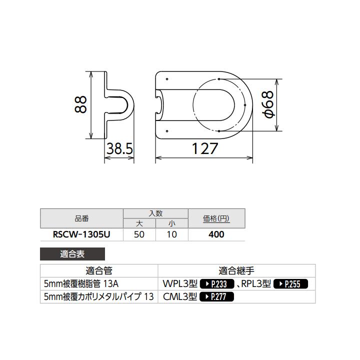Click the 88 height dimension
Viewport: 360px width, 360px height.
82,105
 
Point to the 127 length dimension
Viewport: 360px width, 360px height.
205,148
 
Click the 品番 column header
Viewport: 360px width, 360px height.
81,218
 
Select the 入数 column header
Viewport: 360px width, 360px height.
155,213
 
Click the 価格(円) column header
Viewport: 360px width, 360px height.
216,218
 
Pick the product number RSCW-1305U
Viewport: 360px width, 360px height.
81,234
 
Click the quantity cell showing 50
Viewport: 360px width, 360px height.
139,234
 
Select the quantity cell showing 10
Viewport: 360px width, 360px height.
171,234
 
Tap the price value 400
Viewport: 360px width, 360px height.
216,234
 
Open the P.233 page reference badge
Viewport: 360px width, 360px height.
217,284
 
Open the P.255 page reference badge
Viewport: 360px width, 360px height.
290,284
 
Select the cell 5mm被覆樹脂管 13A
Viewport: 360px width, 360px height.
81,283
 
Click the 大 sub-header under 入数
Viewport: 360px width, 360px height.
139,223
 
